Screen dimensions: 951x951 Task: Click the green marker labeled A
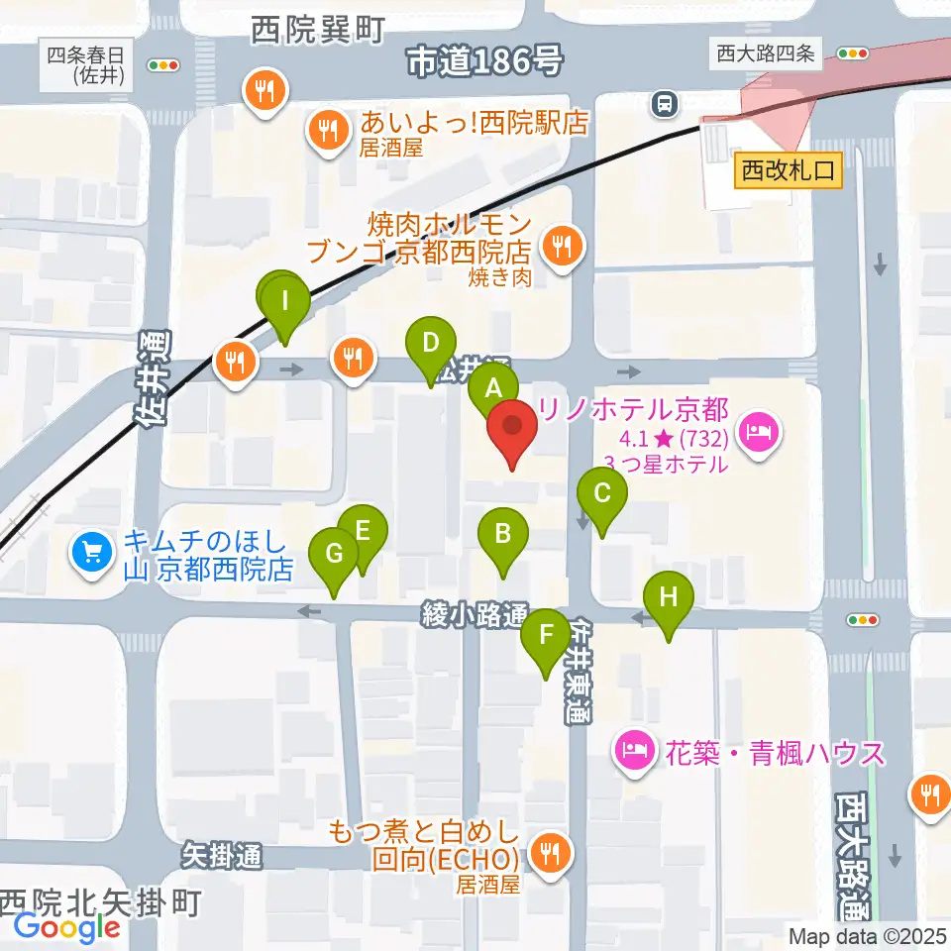pyautogui.click(x=492, y=386)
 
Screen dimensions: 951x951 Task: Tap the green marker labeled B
pyautogui.click(x=503, y=536)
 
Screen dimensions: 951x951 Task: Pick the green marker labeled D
pyautogui.click(x=431, y=344)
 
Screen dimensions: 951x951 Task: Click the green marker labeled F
pyautogui.click(x=545, y=637)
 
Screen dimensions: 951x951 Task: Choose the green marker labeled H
pyautogui.click(x=669, y=598)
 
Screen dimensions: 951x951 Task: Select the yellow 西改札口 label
pyautogui.click(x=789, y=171)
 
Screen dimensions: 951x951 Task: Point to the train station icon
pyautogui.click(x=663, y=101)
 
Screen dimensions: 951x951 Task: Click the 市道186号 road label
pyautogui.click(x=485, y=63)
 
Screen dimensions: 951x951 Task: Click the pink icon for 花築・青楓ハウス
pyautogui.click(x=634, y=751)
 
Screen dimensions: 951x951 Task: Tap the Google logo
pyautogui.click(x=67, y=927)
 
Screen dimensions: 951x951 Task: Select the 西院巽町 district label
pyautogui.click(x=316, y=32)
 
